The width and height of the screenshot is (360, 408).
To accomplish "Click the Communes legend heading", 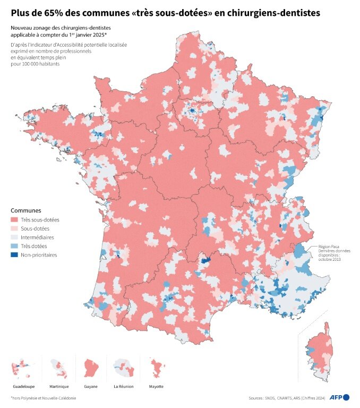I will (x=26, y=210).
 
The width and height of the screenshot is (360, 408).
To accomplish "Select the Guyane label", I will (x=90, y=386).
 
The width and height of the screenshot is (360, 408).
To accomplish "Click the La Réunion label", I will (x=123, y=386).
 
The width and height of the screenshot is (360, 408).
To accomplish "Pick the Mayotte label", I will (x=156, y=386).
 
